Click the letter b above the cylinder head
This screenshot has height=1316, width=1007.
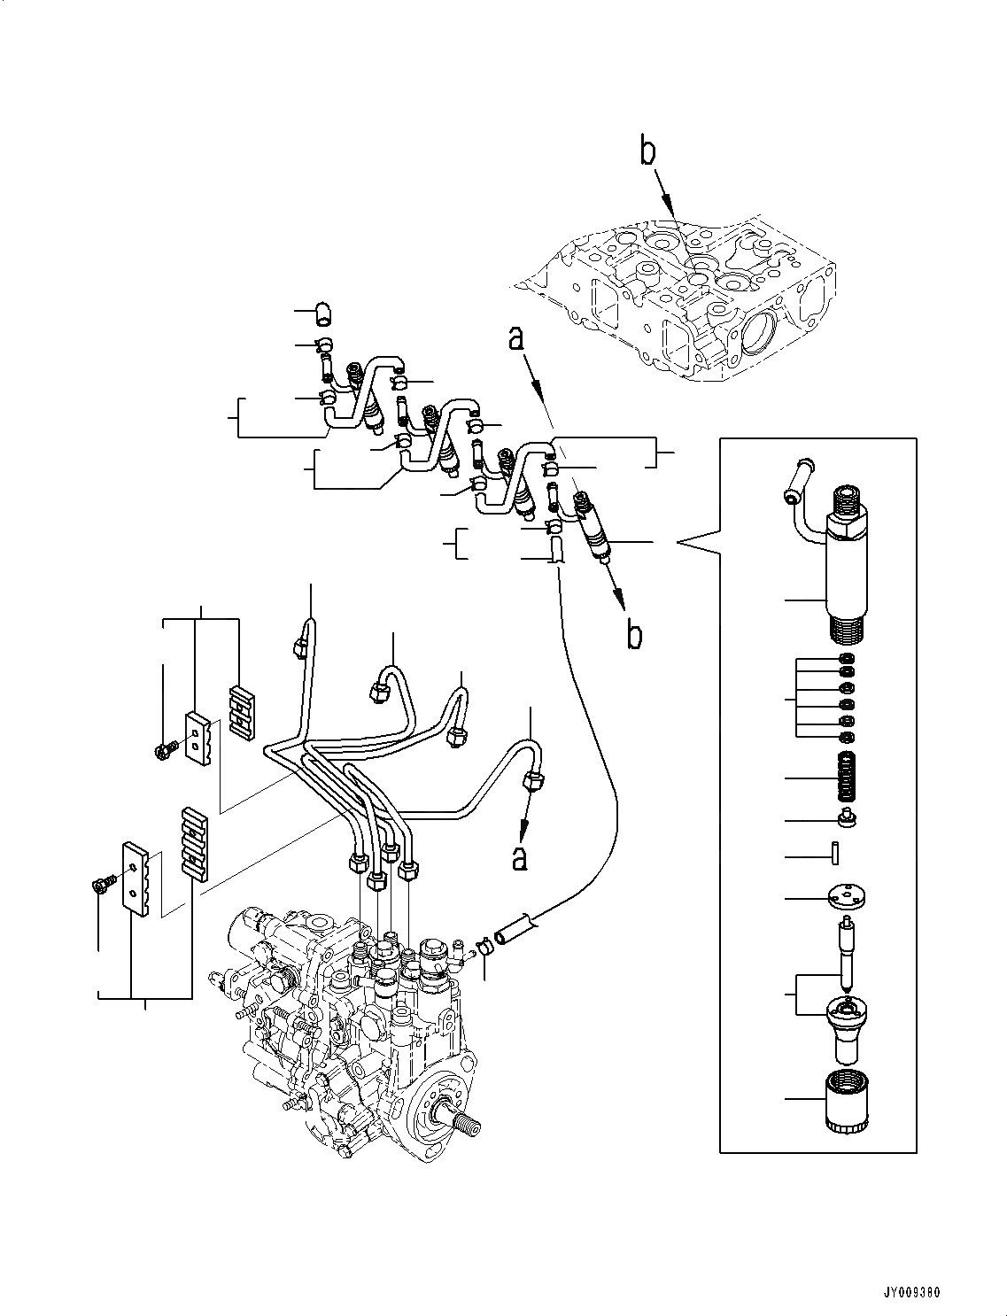pos(649,152)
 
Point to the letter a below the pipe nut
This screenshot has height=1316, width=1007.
pos(519,856)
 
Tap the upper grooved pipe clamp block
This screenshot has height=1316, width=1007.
pos(242,710)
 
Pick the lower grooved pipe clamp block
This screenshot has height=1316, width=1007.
pos(195,841)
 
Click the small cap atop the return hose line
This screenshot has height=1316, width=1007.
pos(323,312)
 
